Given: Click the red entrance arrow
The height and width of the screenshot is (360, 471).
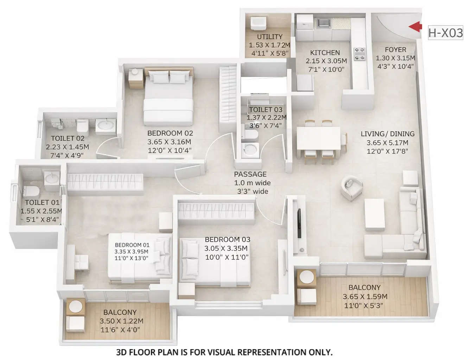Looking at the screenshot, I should (x=415, y=27).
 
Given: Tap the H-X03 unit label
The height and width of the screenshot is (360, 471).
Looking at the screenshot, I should (x=445, y=33).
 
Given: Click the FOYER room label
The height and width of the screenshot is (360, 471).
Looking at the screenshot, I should (x=395, y=50).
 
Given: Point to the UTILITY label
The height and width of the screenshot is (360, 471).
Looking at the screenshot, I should (x=269, y=37).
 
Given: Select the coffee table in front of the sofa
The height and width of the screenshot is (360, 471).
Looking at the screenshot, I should (x=374, y=214).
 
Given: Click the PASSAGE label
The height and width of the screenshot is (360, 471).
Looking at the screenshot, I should (x=250, y=174).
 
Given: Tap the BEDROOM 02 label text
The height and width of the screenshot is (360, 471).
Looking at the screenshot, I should (x=170, y=133).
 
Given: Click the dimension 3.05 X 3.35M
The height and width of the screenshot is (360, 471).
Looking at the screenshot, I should (x=227, y=249).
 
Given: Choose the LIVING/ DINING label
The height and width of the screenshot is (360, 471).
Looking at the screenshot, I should (x=388, y=134).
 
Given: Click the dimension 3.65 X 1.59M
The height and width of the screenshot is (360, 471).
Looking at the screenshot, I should (x=365, y=297).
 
